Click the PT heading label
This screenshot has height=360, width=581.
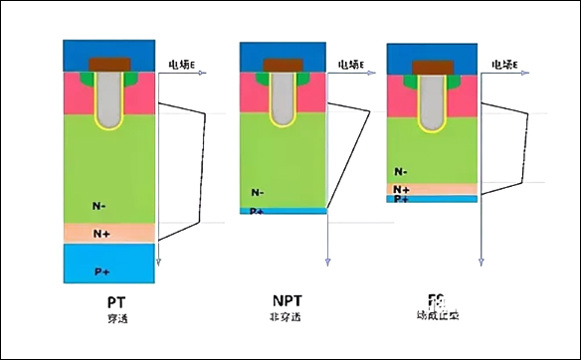pyautogui.click(x=115, y=300)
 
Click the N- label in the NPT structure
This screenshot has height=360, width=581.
pyautogui.click(x=258, y=192)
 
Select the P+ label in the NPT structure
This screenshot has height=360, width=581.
pyautogui.click(x=257, y=211)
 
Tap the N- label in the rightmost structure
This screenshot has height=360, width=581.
pyautogui.click(x=401, y=172)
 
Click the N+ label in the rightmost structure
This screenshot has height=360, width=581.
pyautogui.click(x=402, y=188)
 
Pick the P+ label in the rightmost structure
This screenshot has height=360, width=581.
pyautogui.click(x=401, y=199)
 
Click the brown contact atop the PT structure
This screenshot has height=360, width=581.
pyautogui.click(x=109, y=65)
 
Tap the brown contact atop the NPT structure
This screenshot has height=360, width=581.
pyautogui.click(x=283, y=66)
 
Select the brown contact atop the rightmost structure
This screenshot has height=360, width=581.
pyautogui.click(x=431, y=67)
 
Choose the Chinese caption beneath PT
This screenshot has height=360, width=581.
pyautogui.click(x=115, y=318)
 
